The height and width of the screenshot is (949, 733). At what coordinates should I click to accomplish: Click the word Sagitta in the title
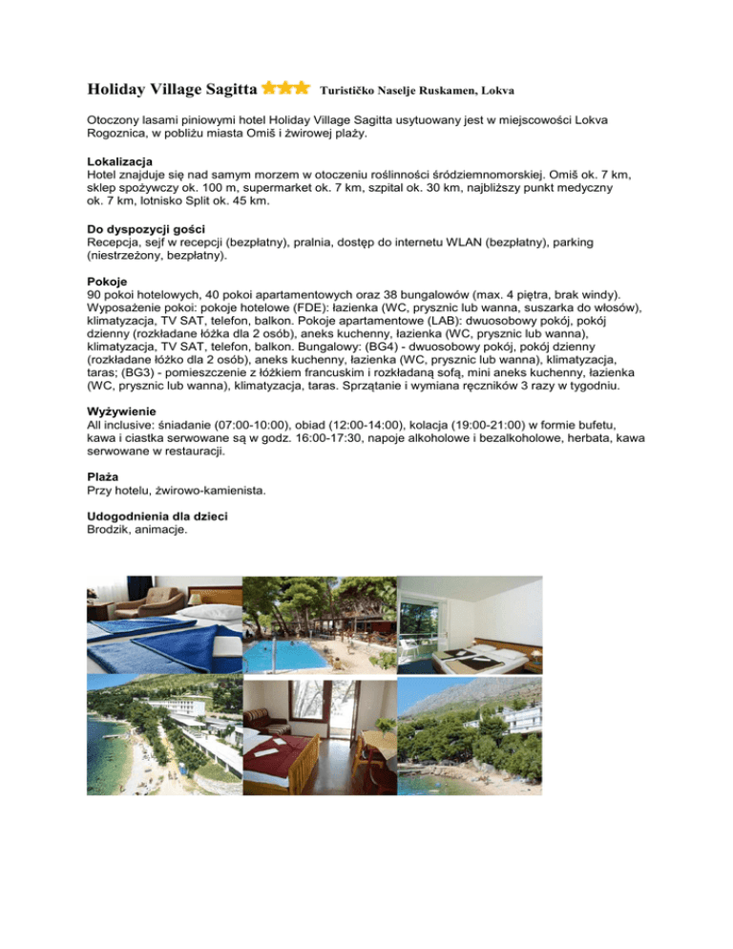pos(222,90)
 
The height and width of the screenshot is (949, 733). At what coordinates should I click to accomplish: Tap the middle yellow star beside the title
pos(284,89)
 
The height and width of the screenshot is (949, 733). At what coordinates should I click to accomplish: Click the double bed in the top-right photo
pos(477,659)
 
